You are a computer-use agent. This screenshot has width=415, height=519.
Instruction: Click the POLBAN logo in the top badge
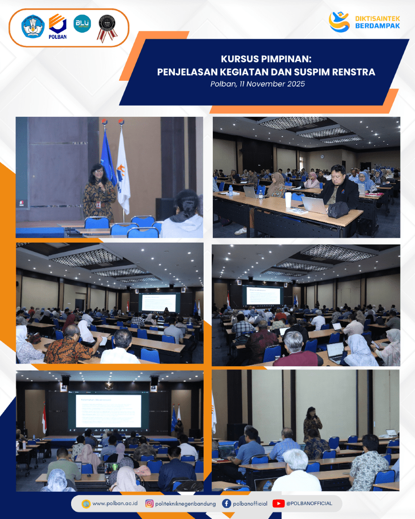click(58, 26)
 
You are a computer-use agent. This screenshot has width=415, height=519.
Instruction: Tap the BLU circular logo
click(82, 23)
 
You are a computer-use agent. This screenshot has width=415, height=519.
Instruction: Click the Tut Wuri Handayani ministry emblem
click(33, 27)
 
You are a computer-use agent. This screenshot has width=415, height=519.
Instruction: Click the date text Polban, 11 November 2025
click(257, 84)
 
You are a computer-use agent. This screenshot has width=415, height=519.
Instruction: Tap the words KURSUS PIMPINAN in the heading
click(266, 60)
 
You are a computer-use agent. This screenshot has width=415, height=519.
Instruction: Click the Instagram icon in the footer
click(149, 504)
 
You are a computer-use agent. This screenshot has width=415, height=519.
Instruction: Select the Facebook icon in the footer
click(226, 504)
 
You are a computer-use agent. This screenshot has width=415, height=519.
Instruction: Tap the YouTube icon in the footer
click(278, 504)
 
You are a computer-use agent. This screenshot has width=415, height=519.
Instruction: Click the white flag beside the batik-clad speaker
click(123, 173)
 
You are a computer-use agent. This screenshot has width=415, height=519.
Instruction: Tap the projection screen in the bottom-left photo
click(108, 410)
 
